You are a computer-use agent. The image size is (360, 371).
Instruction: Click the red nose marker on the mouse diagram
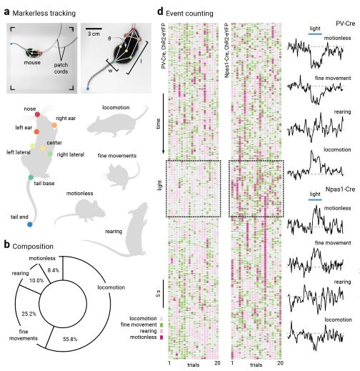(x=37, y=114)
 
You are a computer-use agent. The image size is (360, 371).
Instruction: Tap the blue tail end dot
(x=30, y=224)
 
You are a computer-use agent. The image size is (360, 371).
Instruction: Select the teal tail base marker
(x=31, y=177)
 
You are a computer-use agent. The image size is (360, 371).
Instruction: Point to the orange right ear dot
(x=54, y=125)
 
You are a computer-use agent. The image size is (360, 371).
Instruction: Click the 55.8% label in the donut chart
(x=70, y=339)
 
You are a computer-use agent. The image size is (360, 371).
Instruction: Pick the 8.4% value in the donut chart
(x=54, y=270)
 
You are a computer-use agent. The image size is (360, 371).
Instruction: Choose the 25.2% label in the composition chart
(x=29, y=314)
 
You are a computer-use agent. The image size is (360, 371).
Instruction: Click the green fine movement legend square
(x=161, y=325)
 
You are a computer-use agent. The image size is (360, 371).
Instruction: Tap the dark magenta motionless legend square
(x=161, y=337)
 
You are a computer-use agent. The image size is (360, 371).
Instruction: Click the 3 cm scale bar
(x=94, y=29)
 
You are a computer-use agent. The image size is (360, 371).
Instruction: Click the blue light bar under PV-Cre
(x=315, y=34)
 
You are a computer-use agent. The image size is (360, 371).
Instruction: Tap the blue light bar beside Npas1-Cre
(x=315, y=199)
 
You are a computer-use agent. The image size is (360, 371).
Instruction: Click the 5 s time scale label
(x=158, y=294)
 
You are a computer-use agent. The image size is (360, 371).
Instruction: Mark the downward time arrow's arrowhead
(x=164, y=152)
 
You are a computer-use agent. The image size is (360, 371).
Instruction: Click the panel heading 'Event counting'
(x=189, y=14)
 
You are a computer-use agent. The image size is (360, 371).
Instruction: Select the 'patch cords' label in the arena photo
(x=61, y=68)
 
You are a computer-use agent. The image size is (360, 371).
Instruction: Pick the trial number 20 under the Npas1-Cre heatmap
(x=280, y=363)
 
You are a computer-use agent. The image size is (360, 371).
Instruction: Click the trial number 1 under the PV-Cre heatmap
(x=169, y=363)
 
